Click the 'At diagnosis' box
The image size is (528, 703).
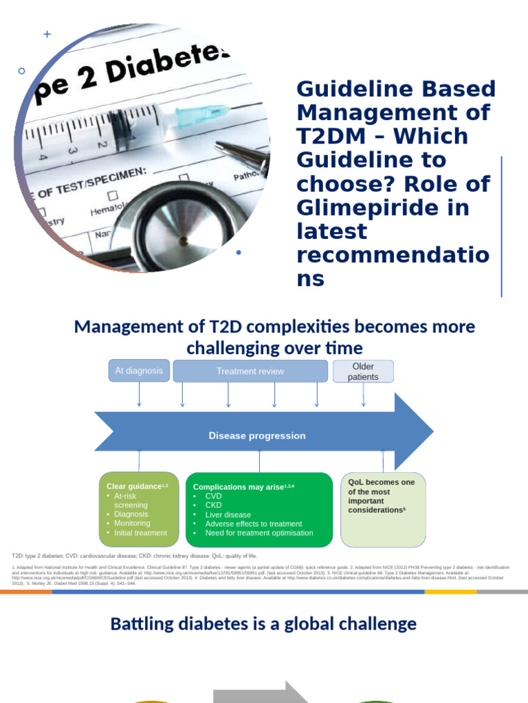[x=139, y=371]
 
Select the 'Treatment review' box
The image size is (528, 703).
[x=250, y=371]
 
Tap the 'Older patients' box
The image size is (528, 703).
[x=363, y=371]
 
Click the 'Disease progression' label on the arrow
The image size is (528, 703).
[x=257, y=436]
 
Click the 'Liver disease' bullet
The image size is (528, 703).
[x=228, y=514]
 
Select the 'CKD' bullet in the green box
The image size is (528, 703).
[x=214, y=505]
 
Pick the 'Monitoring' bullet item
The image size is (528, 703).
[x=132, y=523]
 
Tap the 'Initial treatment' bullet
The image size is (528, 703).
[x=140, y=533]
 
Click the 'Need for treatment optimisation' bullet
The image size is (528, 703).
[x=258, y=533]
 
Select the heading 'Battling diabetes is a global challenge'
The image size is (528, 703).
[x=263, y=624]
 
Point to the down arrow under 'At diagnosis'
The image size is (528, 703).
[x=140, y=397]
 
